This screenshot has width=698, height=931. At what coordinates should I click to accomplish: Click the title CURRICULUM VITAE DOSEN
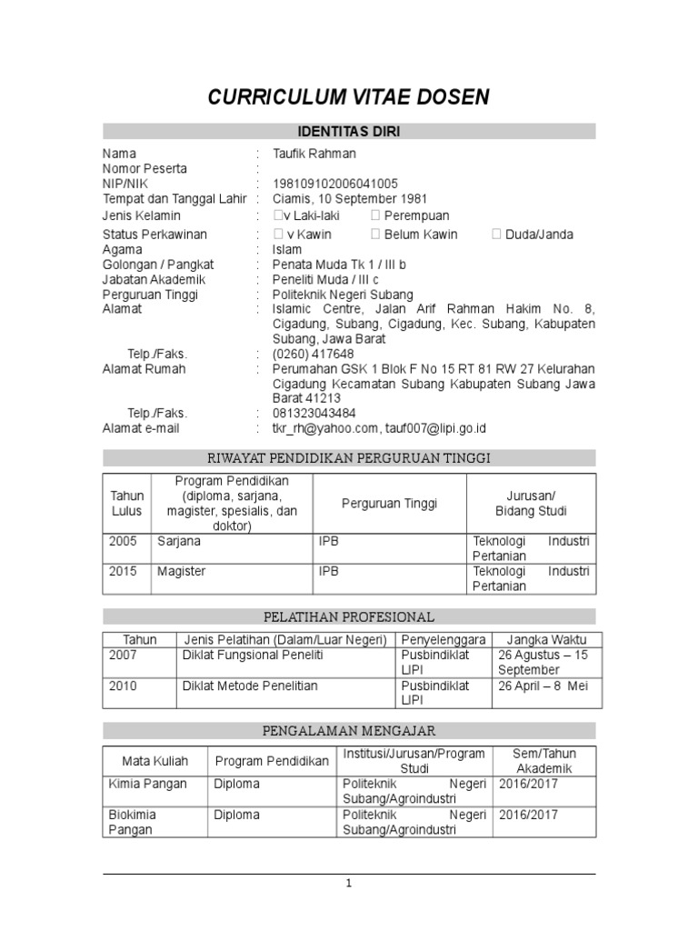tap(349, 97)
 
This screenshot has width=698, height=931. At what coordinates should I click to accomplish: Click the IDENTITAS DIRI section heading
tap(349, 132)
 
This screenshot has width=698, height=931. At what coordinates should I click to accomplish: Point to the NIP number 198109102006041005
tap(334, 184)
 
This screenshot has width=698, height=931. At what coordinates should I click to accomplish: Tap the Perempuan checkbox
tap(375, 215)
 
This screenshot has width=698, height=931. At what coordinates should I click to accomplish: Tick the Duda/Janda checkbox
tap(496, 235)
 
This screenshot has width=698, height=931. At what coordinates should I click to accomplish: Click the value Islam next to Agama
tap(286, 249)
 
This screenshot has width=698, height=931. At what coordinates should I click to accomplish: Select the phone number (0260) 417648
tap(313, 354)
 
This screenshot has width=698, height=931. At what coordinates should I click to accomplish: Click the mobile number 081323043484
tap(314, 413)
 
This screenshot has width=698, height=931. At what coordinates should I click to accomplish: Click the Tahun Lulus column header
tap(127, 503)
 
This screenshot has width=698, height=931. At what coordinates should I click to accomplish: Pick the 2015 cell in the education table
tap(124, 571)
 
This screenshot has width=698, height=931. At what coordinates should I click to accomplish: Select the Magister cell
tap(181, 571)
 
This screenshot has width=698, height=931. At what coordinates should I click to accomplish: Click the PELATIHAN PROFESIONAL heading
tap(349, 617)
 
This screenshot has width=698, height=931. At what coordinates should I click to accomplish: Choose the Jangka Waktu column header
tap(546, 639)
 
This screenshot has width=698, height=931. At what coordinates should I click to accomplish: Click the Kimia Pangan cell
tap(147, 784)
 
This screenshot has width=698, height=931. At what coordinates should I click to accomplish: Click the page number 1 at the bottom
tap(349, 884)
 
